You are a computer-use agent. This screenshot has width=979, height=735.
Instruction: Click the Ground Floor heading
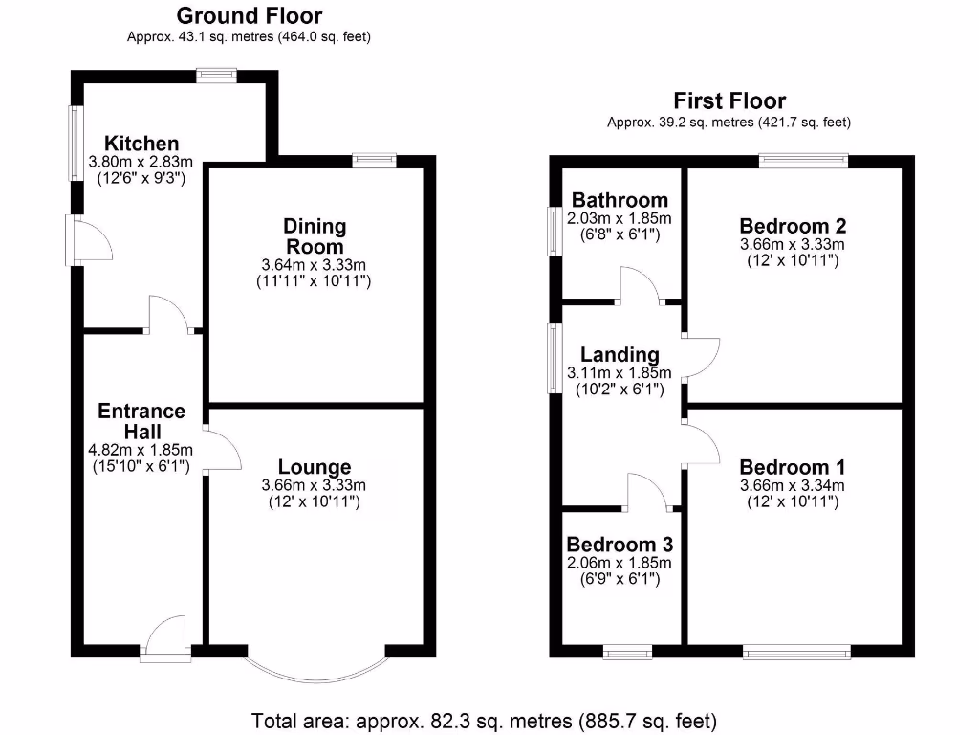(250, 15)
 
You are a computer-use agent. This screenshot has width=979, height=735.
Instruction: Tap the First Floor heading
(729, 100)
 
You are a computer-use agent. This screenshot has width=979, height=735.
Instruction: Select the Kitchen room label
(141, 144)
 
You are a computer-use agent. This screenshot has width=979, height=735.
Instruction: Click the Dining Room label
(315, 236)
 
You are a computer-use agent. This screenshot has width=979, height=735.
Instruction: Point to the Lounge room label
(314, 467)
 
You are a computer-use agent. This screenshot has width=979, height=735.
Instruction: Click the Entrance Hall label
(141, 421)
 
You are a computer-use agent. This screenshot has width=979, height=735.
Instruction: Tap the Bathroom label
(620, 200)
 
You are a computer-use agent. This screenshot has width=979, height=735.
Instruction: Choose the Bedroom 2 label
(793, 226)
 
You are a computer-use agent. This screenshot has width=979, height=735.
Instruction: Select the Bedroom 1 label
(793, 467)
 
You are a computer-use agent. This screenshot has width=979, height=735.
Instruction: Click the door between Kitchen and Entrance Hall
(169, 316)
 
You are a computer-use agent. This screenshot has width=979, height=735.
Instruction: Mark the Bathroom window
(554, 231)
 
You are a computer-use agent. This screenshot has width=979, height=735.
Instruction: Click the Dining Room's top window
(375, 160)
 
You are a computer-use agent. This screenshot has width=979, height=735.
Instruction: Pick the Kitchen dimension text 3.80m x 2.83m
(141, 162)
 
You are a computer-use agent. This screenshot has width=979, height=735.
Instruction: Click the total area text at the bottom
(484, 720)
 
